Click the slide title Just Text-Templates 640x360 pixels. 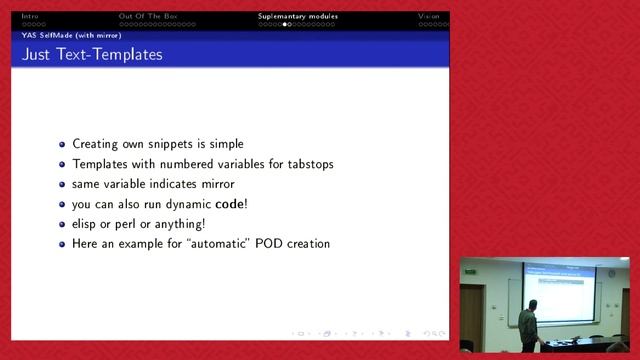point(91,55)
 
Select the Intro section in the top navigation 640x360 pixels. point(29,16)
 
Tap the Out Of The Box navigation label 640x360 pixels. point(149,16)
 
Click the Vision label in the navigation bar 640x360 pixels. point(428,16)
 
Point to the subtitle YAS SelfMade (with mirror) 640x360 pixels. point(71,35)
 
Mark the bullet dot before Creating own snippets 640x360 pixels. point(62,145)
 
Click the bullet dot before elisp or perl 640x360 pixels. point(62,225)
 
